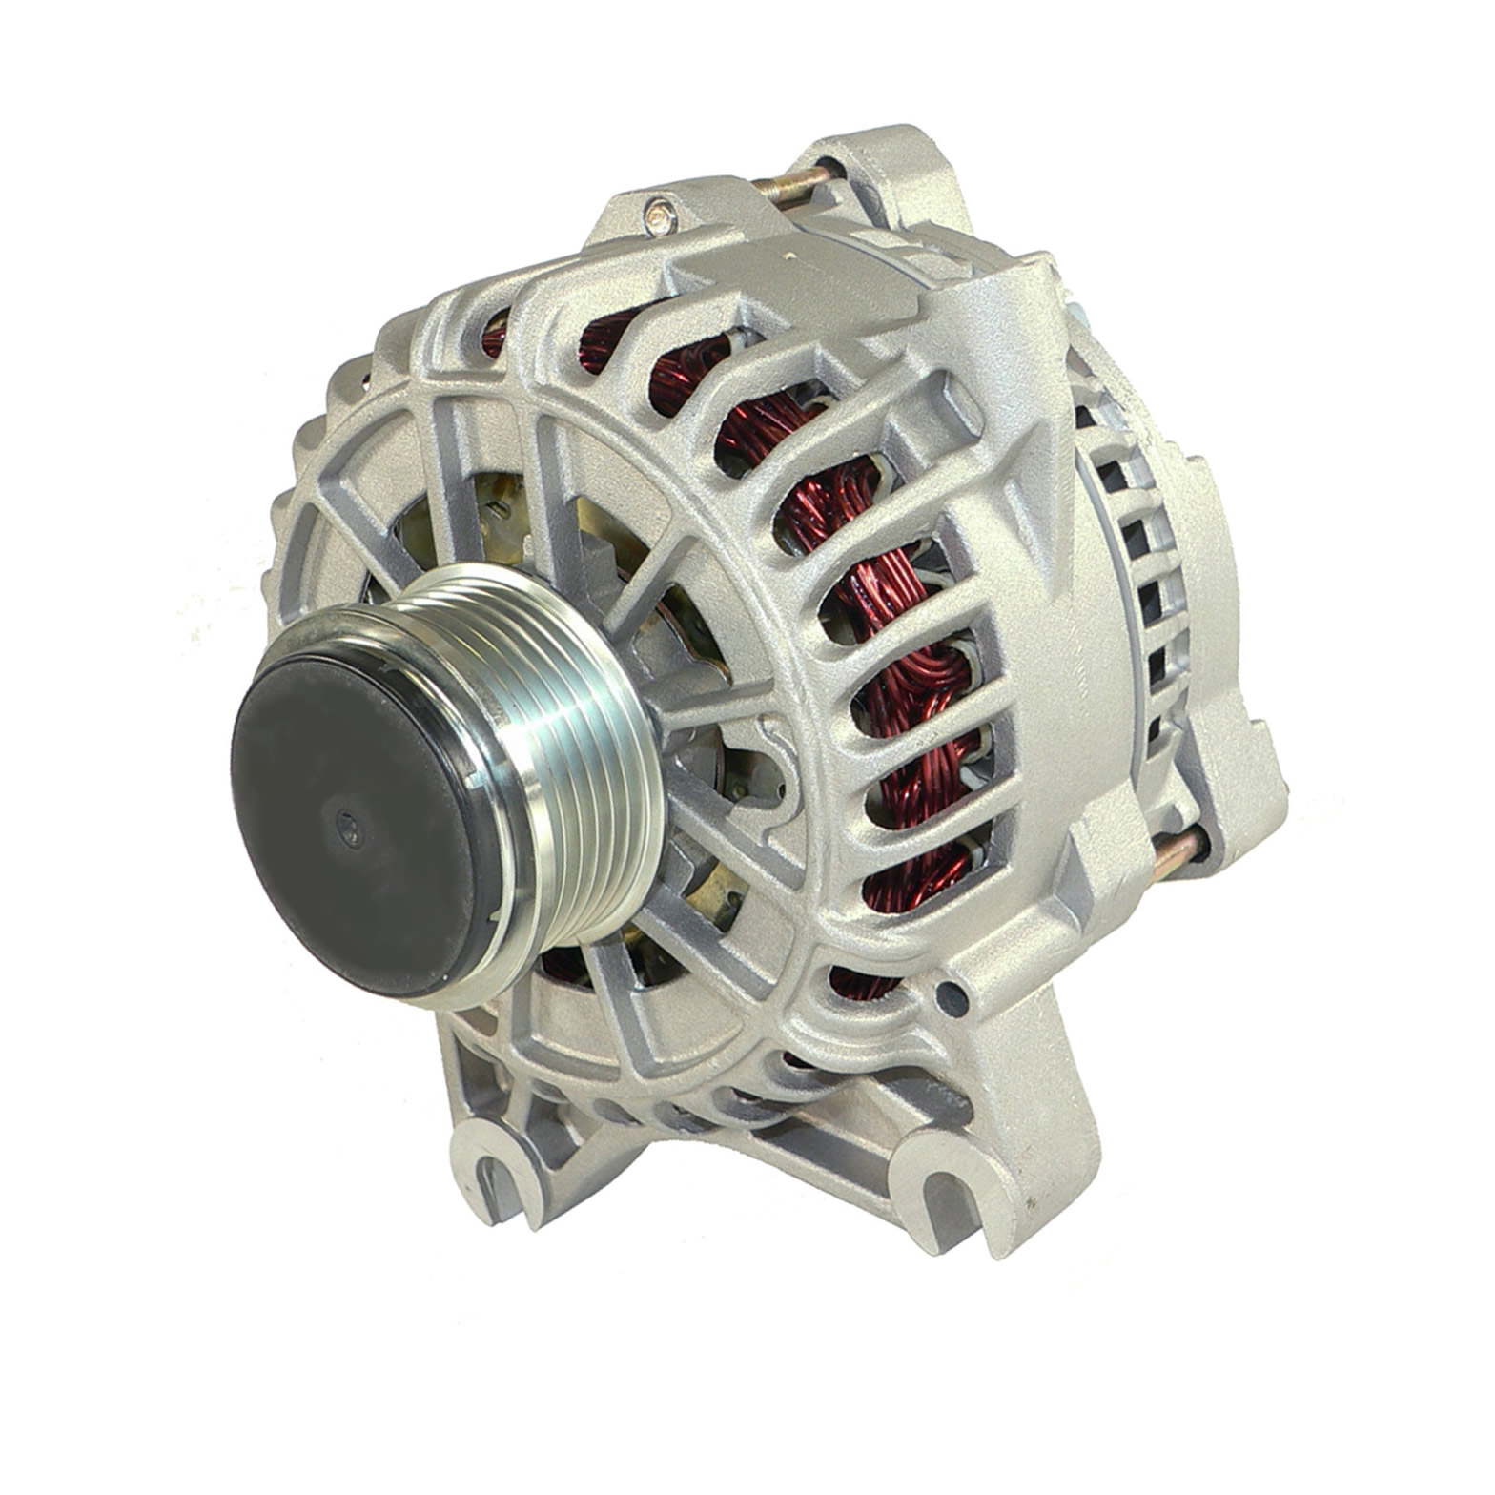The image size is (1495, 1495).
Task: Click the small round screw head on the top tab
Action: pos(659,218)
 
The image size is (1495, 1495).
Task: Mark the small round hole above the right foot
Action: pos(950,996)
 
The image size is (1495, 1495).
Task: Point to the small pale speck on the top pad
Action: pos(788,255)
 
